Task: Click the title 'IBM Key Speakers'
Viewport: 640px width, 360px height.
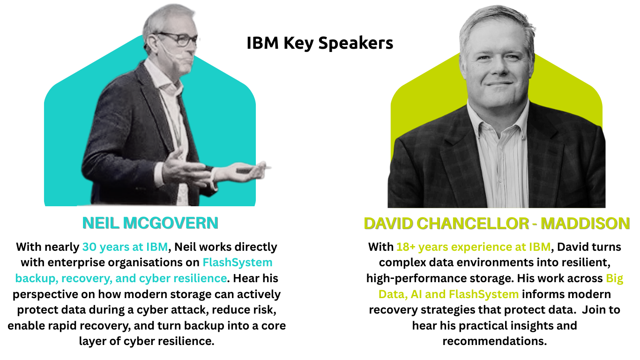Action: tap(320, 43)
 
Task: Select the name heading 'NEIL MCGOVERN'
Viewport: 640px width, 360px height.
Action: tap(150, 223)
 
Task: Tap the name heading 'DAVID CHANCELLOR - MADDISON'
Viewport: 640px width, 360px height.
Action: tap(497, 224)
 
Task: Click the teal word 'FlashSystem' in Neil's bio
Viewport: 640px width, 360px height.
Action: tap(238, 262)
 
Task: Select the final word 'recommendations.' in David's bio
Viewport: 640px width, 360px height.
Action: tap(494, 341)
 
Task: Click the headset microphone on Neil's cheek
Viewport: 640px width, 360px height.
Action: tap(172, 56)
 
